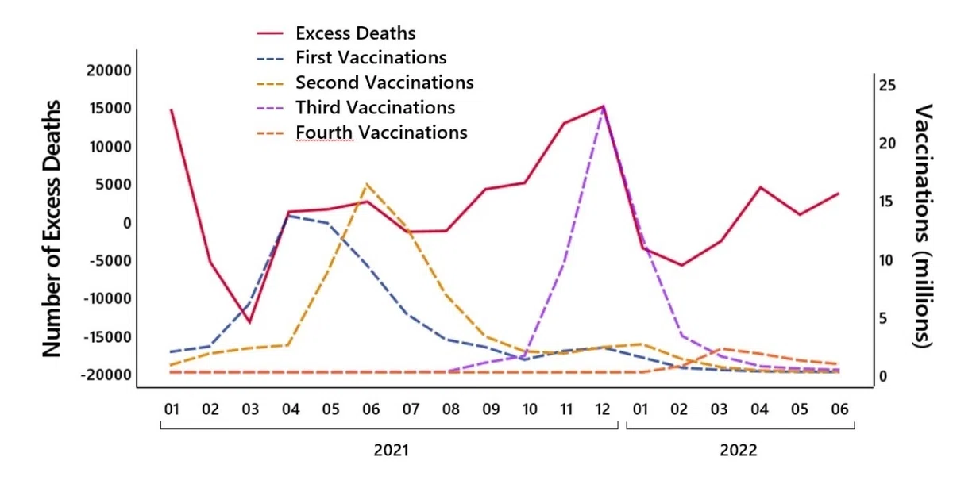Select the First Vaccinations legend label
point(371,58)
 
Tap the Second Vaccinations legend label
point(384,83)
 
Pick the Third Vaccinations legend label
point(375,107)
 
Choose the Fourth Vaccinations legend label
point(382,133)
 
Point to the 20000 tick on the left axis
point(109,71)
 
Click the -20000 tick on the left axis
point(106,375)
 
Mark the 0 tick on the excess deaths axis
point(127,223)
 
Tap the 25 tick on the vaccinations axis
point(887,86)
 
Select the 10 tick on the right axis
point(886,260)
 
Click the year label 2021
point(391,450)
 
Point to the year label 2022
point(738,450)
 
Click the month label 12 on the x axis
point(603,409)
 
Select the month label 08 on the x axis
point(450,409)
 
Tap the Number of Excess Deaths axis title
point(52,229)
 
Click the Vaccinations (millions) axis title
point(923,225)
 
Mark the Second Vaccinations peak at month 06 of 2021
point(367,184)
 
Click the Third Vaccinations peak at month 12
point(603,107)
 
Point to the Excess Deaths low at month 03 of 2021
point(249,322)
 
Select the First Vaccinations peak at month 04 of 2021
point(288,216)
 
